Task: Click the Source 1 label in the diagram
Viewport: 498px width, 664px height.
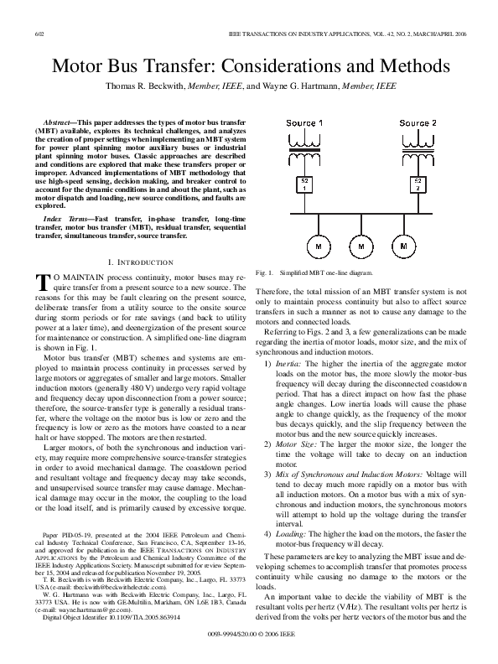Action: point(305,123)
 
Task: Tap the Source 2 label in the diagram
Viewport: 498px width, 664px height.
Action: point(418,123)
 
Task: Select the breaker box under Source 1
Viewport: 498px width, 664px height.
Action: point(305,184)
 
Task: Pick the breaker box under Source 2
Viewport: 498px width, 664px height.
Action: point(418,184)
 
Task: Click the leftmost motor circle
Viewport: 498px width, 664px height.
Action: point(319,247)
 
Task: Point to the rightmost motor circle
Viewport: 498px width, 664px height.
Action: point(405,247)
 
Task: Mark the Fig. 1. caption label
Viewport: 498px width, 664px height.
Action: point(266,273)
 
